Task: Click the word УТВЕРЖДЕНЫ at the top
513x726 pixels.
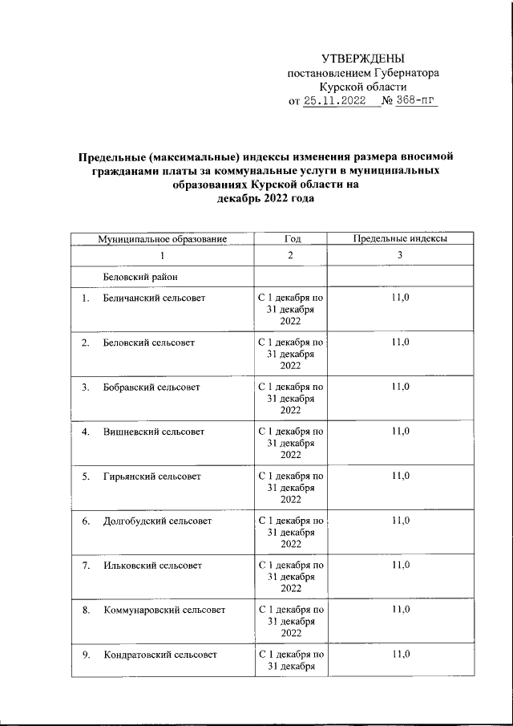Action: pyautogui.click(x=362, y=59)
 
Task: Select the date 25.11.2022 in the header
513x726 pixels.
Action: pyautogui.click(x=334, y=101)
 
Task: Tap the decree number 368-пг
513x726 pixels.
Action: pyautogui.click(x=418, y=101)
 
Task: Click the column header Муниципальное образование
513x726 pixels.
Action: pyautogui.click(x=163, y=239)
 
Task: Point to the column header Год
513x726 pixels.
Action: pyautogui.click(x=291, y=239)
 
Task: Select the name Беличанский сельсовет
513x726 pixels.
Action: pyautogui.click(x=154, y=298)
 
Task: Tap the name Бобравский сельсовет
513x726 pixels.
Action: pyautogui.click(x=151, y=387)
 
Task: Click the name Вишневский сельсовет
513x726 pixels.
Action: pyautogui.click(x=153, y=432)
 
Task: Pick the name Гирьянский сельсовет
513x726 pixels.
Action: pyautogui.click(x=151, y=477)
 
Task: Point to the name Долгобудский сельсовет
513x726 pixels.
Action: pyautogui.click(x=157, y=521)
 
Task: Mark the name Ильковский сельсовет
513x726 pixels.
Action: pyautogui.click(x=151, y=566)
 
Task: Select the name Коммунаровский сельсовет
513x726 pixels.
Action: pyautogui.click(x=164, y=610)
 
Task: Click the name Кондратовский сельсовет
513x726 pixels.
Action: pyautogui.click(x=160, y=655)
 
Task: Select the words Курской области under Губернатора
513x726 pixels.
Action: pyautogui.click(x=362, y=87)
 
